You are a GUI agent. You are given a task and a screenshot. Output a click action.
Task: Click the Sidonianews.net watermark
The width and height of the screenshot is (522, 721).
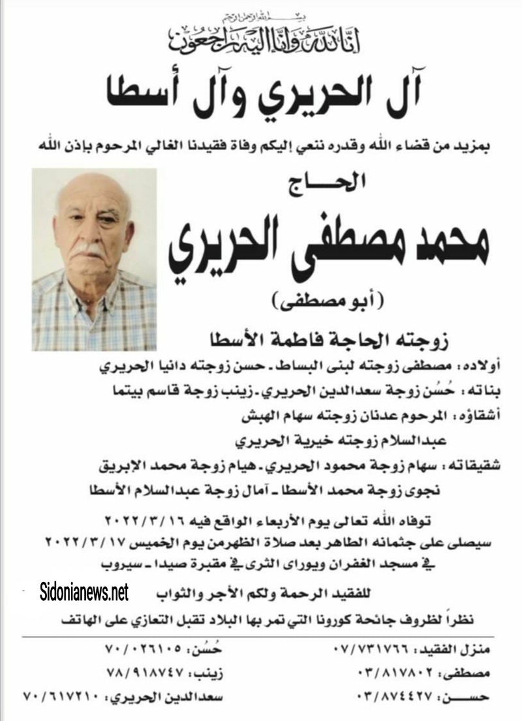83,592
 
